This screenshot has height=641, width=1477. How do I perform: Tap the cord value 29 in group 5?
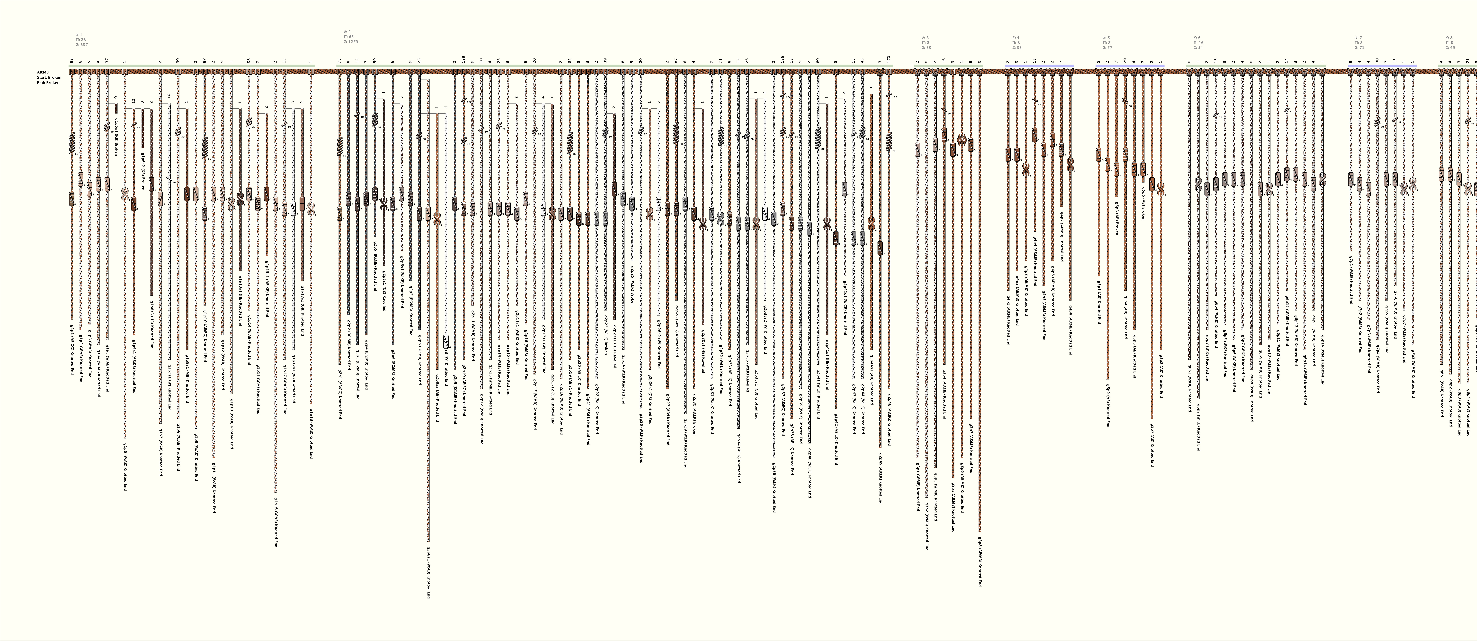tap(1125, 60)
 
